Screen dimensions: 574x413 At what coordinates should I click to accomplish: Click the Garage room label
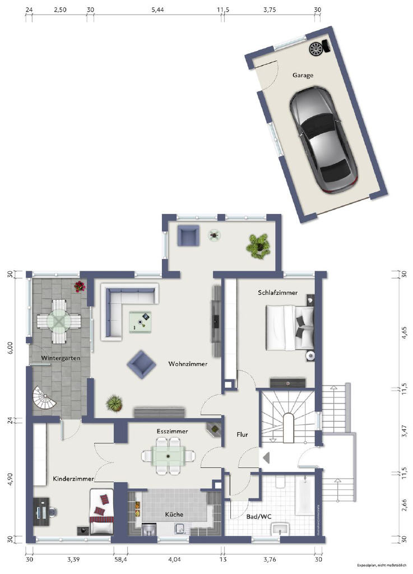coord(303,75)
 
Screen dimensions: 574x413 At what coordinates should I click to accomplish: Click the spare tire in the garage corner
coord(317,49)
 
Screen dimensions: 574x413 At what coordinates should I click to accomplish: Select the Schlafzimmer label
coord(277,292)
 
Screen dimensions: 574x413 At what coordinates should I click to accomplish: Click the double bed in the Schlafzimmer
coord(289,326)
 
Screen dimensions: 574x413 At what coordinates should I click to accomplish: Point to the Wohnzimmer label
coord(188,364)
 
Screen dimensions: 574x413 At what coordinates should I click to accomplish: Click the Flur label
coord(242,434)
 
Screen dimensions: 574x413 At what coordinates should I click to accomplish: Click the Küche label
coord(174,514)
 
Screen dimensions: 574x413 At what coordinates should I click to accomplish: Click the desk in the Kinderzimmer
coord(41,512)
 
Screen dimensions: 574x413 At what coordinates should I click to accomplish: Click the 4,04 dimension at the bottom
coord(175,559)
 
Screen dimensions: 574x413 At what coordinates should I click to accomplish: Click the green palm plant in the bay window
coord(258,245)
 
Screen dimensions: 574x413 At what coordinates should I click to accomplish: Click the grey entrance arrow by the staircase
coord(266,458)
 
